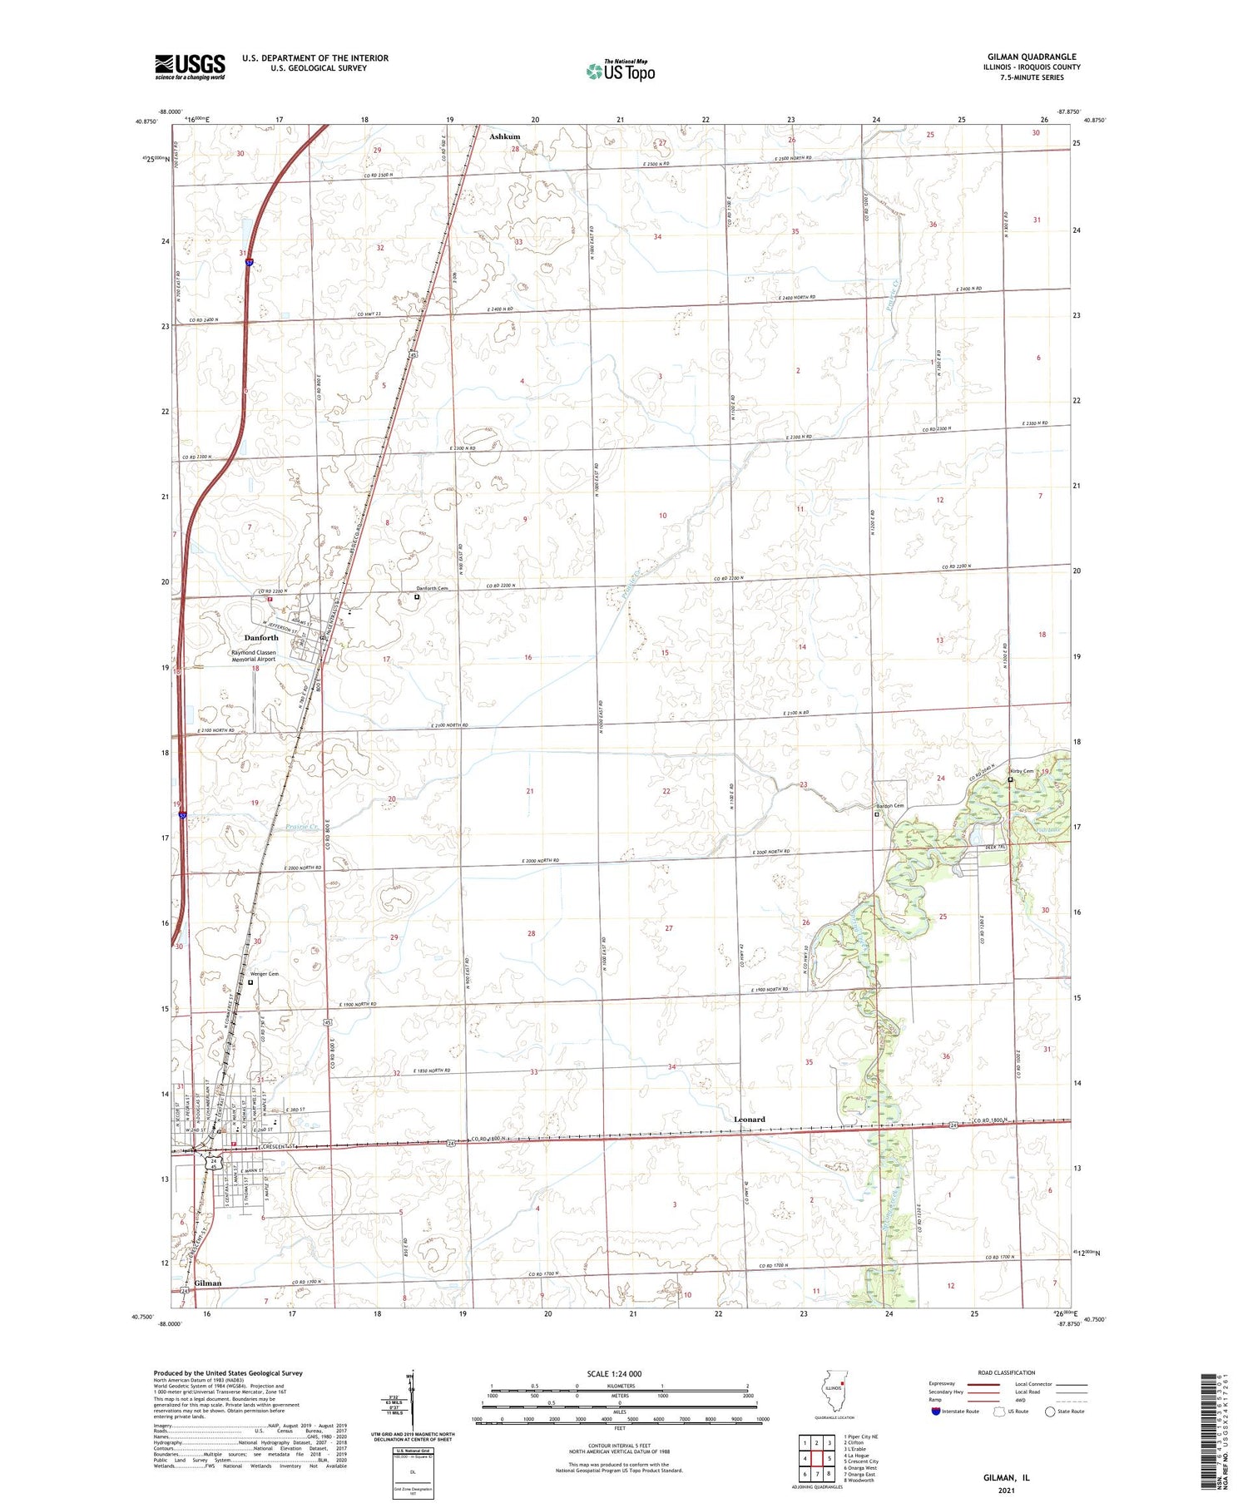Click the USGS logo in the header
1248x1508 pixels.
(x=190, y=66)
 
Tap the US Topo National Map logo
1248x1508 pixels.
(x=621, y=71)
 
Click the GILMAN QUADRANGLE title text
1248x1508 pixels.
(x=1030, y=57)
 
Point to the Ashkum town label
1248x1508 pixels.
(x=504, y=136)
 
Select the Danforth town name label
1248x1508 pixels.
(x=261, y=638)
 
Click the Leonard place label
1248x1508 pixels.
(x=749, y=1120)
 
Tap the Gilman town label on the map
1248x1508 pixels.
(x=208, y=1283)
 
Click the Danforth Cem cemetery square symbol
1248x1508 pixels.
(x=417, y=596)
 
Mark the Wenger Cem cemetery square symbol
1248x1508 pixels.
(x=250, y=982)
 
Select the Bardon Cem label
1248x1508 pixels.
(x=889, y=805)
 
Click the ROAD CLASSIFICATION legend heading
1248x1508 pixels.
(x=1007, y=1372)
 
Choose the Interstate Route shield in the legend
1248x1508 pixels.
(x=936, y=1412)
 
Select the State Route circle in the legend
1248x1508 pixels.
(x=1050, y=1412)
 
